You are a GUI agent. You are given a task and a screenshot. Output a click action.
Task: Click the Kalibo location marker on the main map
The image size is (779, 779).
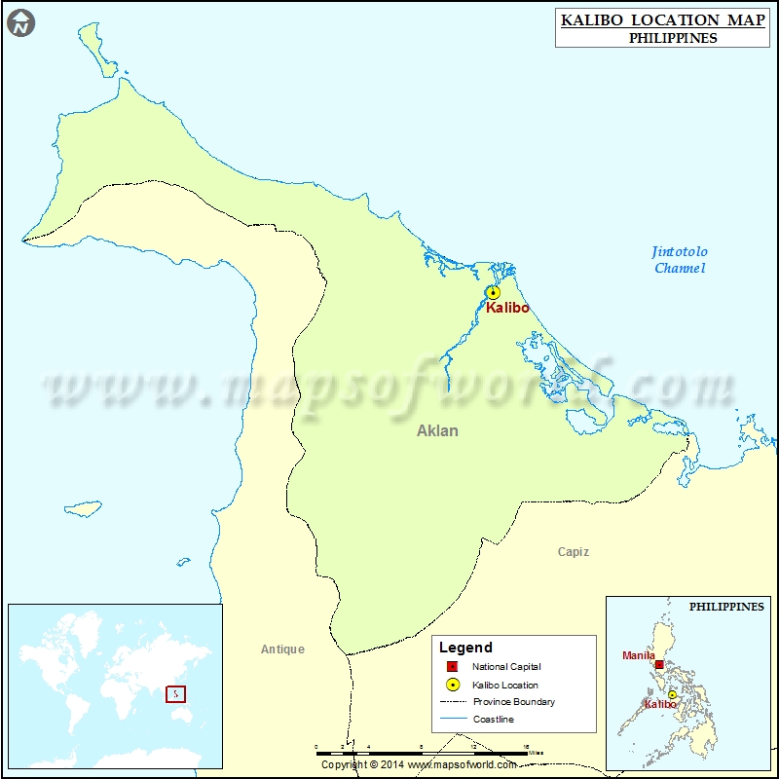pos(493,292)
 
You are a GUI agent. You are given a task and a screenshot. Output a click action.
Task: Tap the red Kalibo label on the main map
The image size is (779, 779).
pos(507,308)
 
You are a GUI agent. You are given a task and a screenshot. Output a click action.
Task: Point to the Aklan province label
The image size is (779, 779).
pos(437,430)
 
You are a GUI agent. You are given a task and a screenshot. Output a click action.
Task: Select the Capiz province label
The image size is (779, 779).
pos(573,552)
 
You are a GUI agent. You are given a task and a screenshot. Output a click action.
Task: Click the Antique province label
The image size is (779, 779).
pos(282,649)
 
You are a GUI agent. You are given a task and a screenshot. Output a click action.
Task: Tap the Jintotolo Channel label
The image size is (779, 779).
pos(680,260)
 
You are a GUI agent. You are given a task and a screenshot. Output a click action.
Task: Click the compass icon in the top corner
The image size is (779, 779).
pos(20,22)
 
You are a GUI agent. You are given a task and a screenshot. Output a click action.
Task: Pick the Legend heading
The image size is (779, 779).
pos(465,648)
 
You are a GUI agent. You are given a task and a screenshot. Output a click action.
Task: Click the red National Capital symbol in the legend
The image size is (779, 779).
pos(451,667)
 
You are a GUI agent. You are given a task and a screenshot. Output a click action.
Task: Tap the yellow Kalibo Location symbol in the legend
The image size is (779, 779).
pos(451,685)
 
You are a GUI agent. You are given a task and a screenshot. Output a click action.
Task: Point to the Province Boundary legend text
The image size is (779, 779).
pos(513,702)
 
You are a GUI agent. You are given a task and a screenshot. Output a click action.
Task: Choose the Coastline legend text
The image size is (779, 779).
pos(493,720)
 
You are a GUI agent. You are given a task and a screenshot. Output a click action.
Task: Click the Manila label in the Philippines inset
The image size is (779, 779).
pos(639,655)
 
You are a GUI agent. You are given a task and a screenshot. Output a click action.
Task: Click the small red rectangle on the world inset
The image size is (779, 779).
pos(174,694)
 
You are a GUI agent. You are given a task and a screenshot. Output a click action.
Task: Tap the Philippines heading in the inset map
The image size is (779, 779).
pos(726,606)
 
